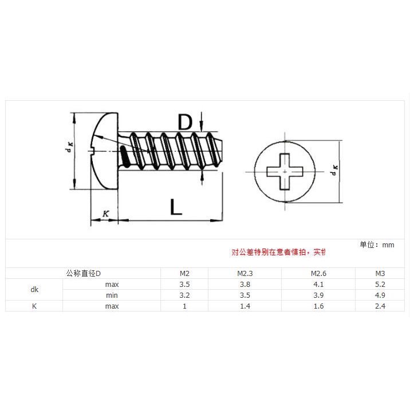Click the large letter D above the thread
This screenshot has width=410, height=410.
(184, 123)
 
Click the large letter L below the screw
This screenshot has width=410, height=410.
(176, 206)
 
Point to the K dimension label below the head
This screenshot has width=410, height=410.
(105, 214)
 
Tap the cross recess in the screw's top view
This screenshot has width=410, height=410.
(285, 171)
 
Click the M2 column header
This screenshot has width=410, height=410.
(184, 273)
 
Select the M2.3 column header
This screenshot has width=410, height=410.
(245, 273)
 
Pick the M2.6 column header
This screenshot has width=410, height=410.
(318, 273)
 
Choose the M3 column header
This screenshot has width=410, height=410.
(380, 273)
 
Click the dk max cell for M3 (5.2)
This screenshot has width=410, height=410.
(380, 284)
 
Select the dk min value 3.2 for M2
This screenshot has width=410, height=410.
(184, 295)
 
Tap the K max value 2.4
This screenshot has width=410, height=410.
(380, 306)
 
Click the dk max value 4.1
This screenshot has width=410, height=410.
(318, 284)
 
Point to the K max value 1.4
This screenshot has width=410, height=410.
(245, 306)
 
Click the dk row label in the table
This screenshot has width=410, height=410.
(34, 290)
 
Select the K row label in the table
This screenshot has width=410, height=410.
(34, 306)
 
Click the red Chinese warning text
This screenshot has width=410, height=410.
(278, 252)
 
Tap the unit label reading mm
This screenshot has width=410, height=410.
(388, 245)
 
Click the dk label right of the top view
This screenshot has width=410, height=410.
(334, 171)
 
